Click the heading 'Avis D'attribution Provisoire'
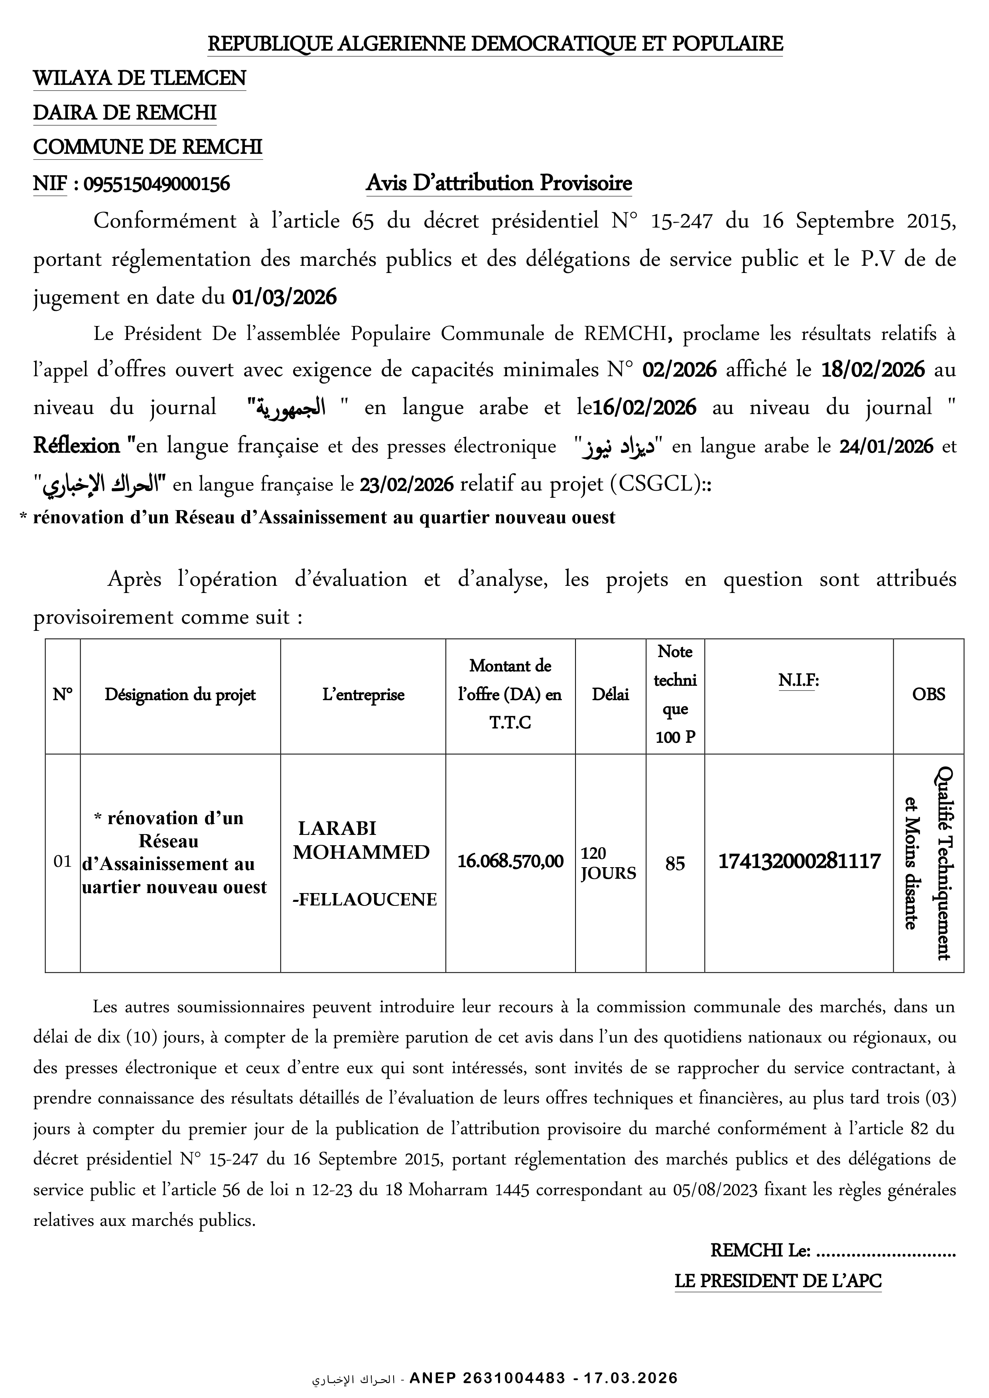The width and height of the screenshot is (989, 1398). (x=498, y=183)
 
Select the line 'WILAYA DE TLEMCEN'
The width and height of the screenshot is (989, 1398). (x=140, y=79)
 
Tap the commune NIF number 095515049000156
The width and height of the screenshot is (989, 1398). (x=157, y=184)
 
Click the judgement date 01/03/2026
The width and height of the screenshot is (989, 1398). (x=284, y=297)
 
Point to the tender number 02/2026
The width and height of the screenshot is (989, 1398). (x=680, y=369)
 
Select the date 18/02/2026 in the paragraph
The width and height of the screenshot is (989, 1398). (x=873, y=369)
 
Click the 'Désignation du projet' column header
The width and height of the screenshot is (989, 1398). (x=180, y=695)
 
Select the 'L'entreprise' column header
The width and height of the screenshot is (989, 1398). (x=363, y=695)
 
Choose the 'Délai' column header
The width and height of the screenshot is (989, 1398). (x=610, y=695)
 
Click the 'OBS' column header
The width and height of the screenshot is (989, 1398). (x=928, y=694)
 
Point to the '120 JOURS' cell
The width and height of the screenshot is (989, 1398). (x=608, y=864)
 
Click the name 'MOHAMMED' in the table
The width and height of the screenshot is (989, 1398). (x=361, y=852)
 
